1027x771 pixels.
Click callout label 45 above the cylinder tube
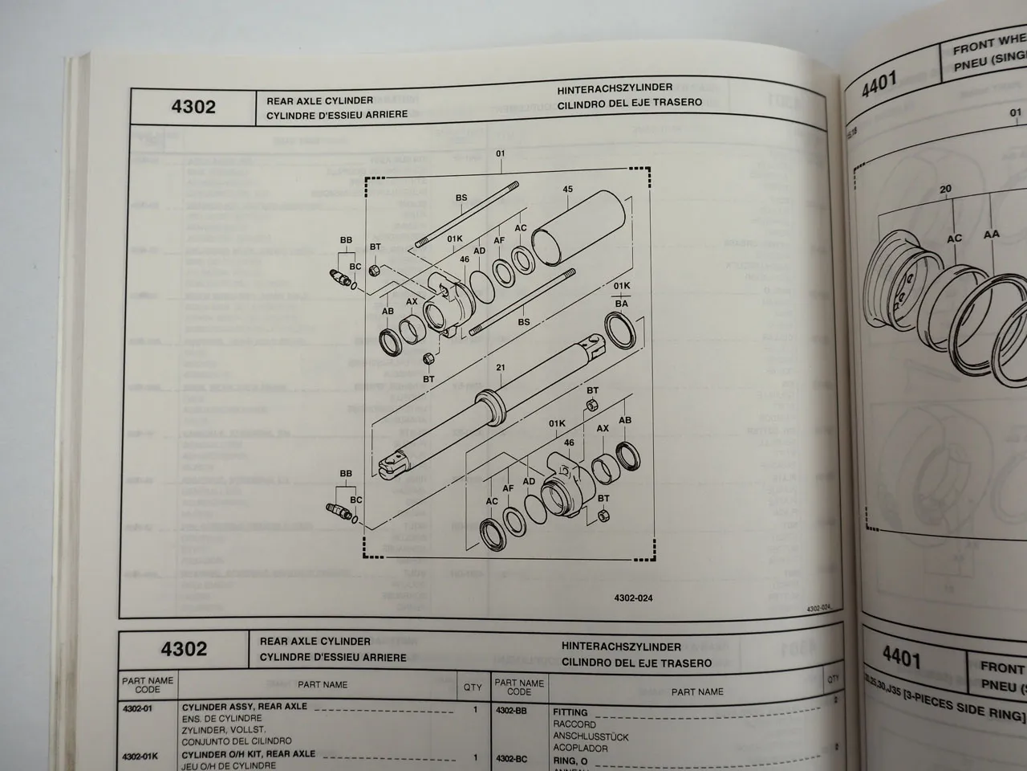pos(568,190)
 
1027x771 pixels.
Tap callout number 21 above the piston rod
pos(500,369)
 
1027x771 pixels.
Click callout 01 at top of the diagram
pos(500,153)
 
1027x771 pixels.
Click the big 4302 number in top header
pos(193,107)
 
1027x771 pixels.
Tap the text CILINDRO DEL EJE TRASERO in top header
pos(629,103)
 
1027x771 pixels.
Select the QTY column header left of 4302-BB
pos(473,687)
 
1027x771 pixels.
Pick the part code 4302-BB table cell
pos(512,712)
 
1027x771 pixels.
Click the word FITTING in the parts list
pos(570,712)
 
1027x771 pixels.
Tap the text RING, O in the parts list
pos(570,759)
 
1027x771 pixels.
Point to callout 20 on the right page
pos(945,190)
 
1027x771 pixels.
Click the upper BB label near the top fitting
pos(346,240)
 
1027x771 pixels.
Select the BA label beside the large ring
pos(622,304)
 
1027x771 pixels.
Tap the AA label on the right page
pos(992,235)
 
